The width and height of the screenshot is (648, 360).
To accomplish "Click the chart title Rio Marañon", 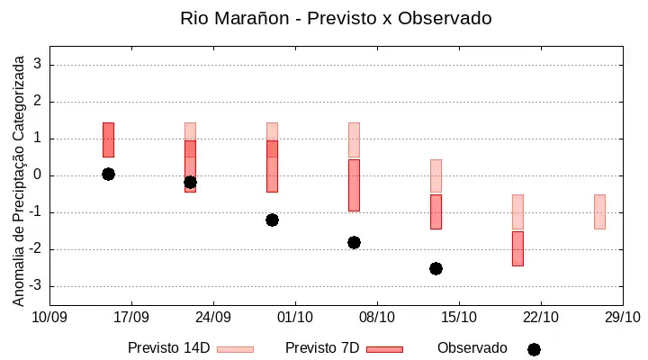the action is coord(234,19).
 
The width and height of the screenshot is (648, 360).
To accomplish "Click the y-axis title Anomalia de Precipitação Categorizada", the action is coord(18,181).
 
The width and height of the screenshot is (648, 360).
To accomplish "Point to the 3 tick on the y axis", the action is coord(37,64).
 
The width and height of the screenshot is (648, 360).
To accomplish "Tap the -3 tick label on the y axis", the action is coord(35,285).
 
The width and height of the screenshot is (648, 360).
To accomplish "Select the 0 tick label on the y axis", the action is coord(37,175).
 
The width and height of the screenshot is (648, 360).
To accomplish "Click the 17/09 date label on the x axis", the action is coord(131,317).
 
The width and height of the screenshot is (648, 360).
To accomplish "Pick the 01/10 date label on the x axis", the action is coord(295,317).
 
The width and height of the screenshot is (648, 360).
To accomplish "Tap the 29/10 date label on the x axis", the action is coord(623,317).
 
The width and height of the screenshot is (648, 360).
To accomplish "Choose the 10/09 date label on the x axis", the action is coord(49,317).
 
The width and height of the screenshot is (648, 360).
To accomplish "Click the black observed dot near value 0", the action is coord(108,174).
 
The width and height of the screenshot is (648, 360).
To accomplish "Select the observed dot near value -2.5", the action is coord(436,269).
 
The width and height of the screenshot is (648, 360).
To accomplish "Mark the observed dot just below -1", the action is coord(272,220).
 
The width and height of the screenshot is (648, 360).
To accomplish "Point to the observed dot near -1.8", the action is coord(354,243).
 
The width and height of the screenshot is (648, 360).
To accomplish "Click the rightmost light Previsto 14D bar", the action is coord(599,211).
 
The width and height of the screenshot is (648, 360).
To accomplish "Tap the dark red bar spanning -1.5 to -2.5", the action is coord(517,248).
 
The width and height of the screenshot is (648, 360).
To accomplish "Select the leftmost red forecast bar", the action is coord(108,139).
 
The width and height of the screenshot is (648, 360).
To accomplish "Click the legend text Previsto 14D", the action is coord(169,348).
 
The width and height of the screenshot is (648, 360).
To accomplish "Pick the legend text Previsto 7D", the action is coord(322,348).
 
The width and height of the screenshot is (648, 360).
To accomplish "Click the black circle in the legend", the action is coord(534,350).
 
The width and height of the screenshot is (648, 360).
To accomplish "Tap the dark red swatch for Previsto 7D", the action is coord(385,350).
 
